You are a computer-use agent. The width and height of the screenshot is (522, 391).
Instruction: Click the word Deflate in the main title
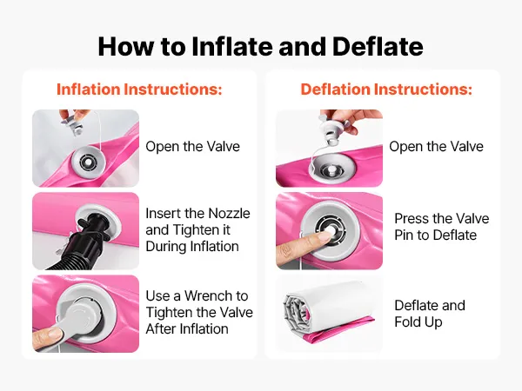pyautogui.click(x=378, y=46)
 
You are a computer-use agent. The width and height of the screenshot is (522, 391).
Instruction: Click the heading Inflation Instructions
pyautogui.click(x=139, y=89)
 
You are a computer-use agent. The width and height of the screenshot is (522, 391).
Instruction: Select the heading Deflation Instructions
pyautogui.click(x=386, y=89)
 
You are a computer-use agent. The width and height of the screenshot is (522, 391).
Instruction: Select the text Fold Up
pyautogui.click(x=418, y=321)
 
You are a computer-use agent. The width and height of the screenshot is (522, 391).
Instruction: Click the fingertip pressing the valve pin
pyautogui.click(x=325, y=235)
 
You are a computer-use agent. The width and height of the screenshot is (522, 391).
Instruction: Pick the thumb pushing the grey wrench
pyautogui.click(x=47, y=337)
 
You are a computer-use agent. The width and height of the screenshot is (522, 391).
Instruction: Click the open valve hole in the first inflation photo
pyautogui.click(x=88, y=162)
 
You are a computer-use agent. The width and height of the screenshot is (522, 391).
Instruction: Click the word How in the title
pyautogui.click(x=126, y=46)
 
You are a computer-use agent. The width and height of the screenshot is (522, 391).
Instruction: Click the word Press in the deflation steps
pyautogui.click(x=412, y=218)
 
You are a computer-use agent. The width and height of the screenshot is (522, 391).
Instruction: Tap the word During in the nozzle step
pyautogui.click(x=165, y=247)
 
